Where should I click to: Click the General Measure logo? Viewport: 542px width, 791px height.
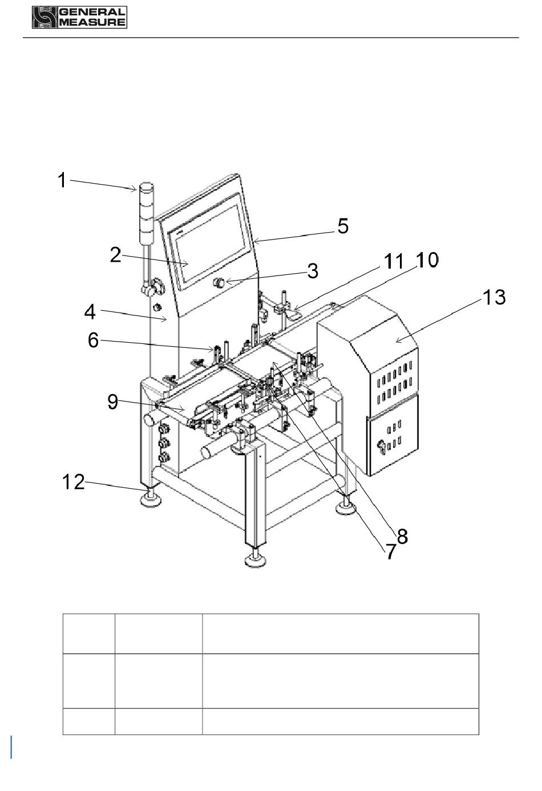tap(79, 17)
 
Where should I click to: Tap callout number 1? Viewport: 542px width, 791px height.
tap(62, 180)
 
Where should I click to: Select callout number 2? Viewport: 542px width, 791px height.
tap(116, 255)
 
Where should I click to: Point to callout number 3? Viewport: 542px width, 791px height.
tap(313, 271)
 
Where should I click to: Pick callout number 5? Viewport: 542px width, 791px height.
tap(343, 226)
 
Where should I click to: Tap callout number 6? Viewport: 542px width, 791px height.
tap(93, 340)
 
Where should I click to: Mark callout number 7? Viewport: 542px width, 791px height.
tap(390, 551)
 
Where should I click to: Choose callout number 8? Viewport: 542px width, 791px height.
tap(402, 536)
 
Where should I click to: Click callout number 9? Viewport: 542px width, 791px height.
tap(113, 401)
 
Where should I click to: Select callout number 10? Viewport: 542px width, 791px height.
tap(427, 260)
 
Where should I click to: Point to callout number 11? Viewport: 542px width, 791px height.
tap(394, 262)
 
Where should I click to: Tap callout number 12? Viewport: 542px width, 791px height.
tap(74, 482)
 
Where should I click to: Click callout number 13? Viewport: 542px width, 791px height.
tap(494, 297)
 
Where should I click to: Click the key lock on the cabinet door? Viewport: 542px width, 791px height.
tap(381, 444)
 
